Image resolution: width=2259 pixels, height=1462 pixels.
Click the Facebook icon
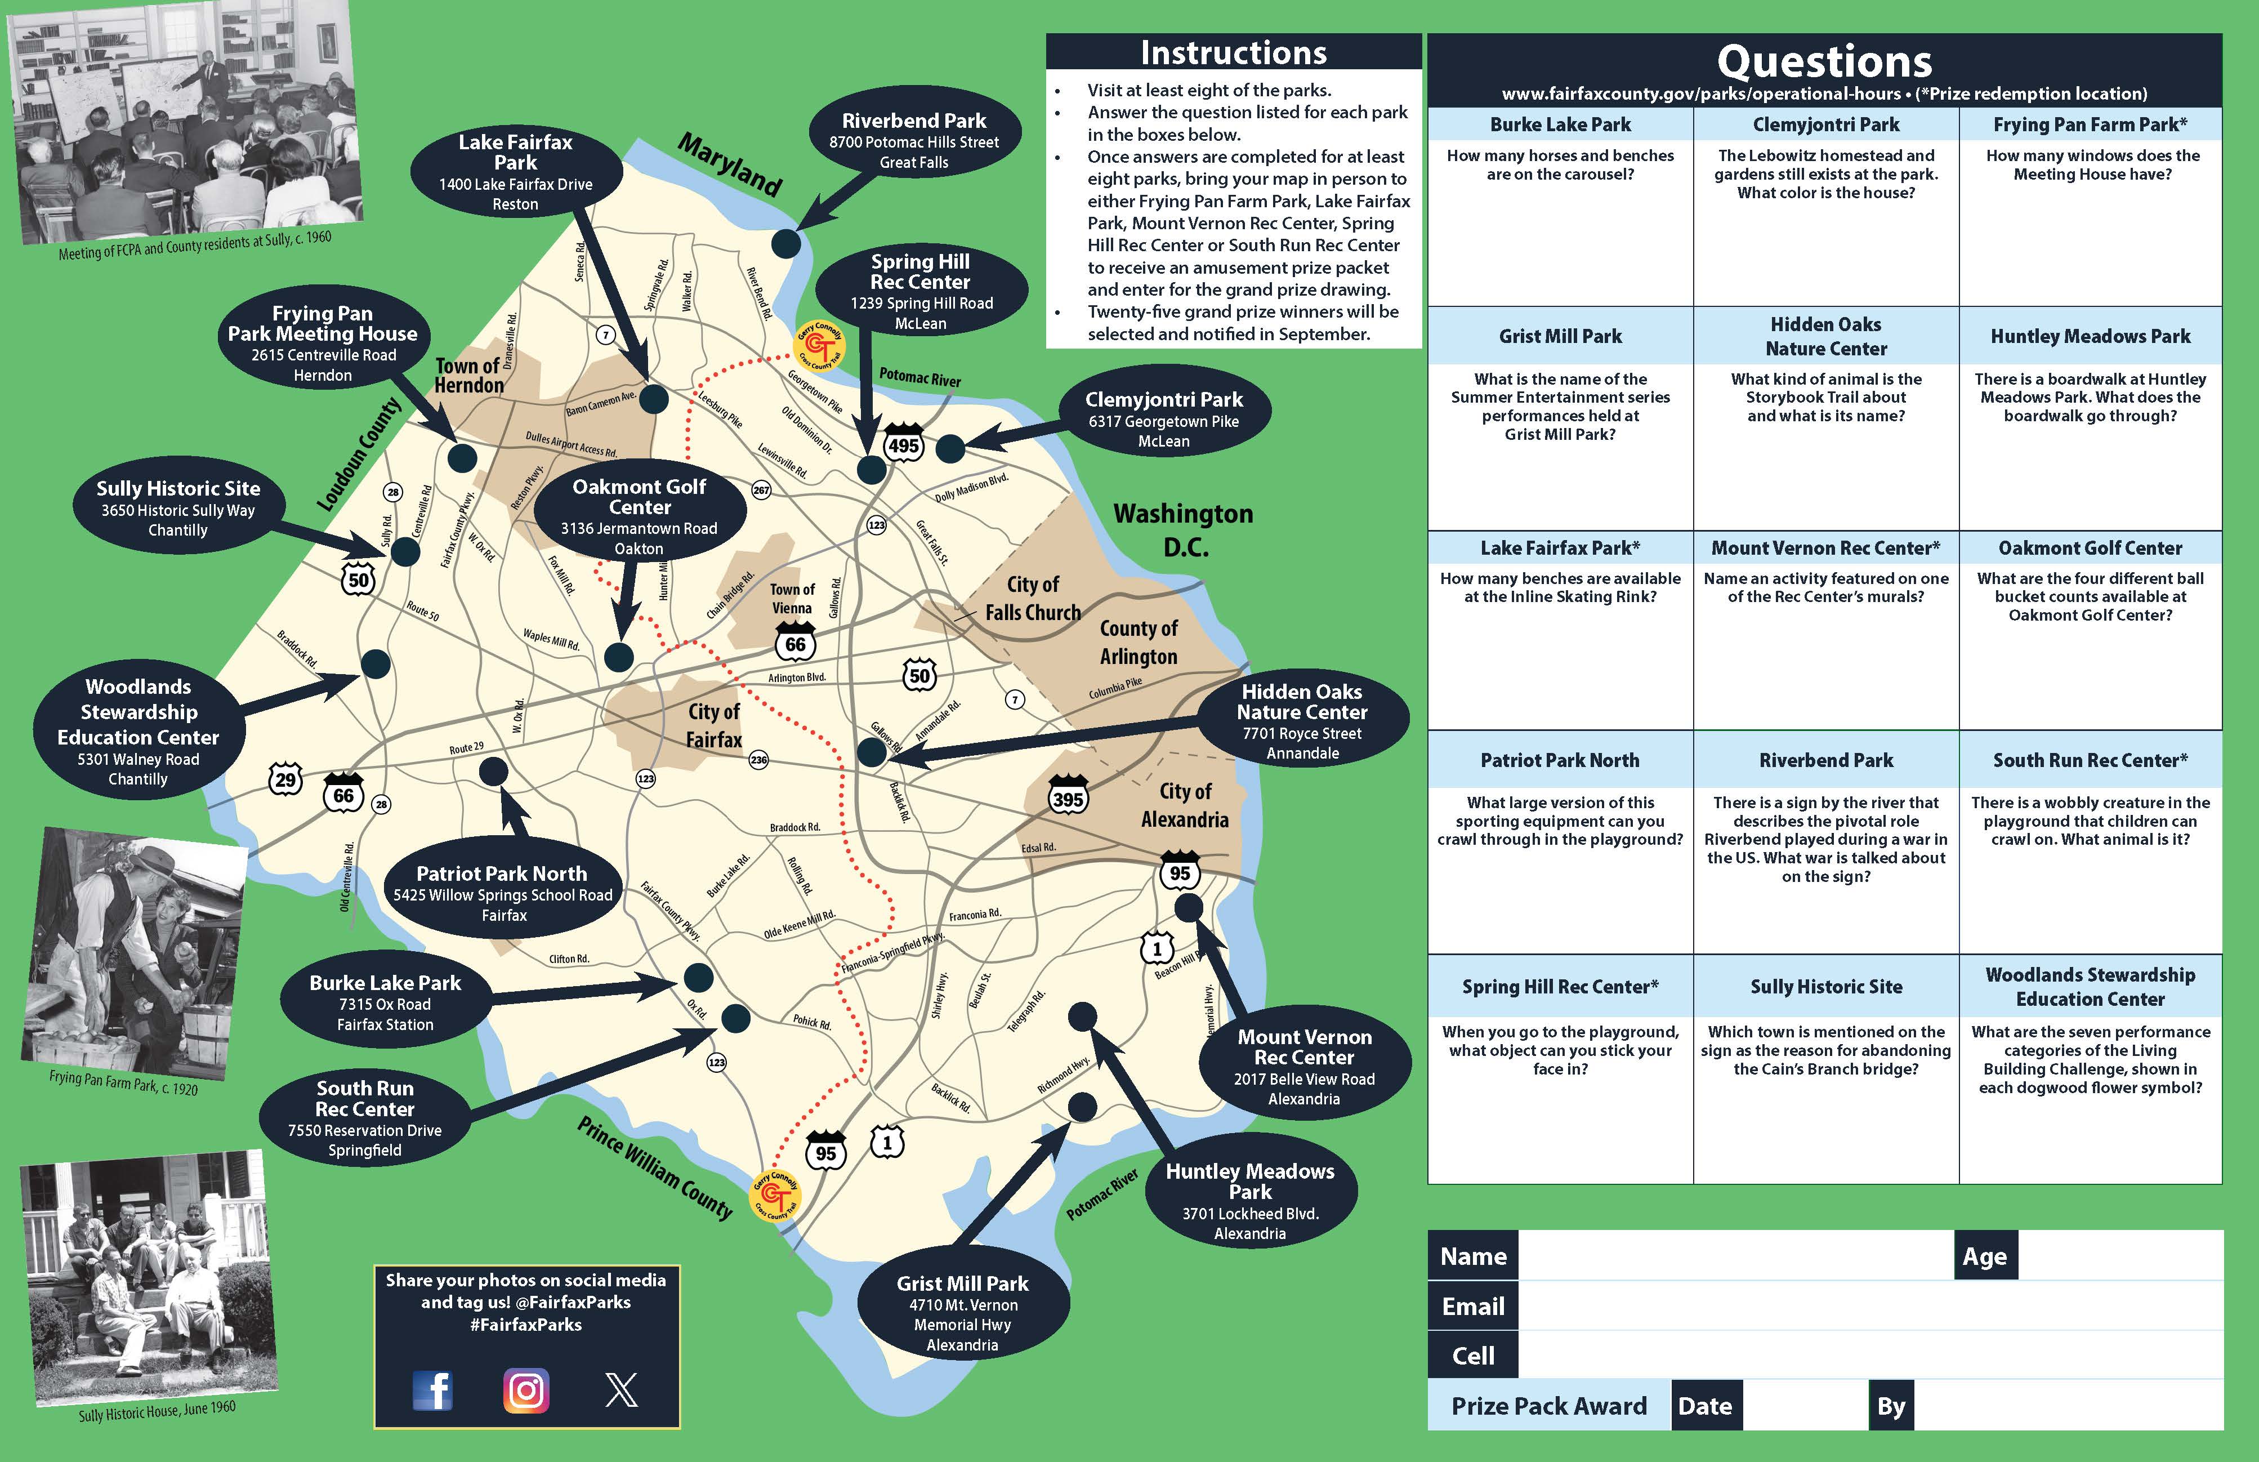pos(433,1391)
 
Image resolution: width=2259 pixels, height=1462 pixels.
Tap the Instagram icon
pos(526,1391)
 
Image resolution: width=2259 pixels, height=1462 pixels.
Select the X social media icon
pos(622,1391)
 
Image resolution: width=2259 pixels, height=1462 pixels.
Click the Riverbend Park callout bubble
pos(914,140)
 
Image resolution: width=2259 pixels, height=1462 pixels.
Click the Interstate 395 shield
pos(1068,797)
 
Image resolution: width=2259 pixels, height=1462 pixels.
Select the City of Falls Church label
pos(1033,598)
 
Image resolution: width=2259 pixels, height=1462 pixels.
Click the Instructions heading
pos(1233,52)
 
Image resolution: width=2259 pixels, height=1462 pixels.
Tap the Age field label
pos(1985,1256)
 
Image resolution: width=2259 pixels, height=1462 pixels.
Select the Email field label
pos(1472,1307)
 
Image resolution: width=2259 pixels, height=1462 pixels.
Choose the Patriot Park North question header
pos(1560,760)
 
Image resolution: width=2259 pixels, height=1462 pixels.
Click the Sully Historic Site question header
pos(1825,986)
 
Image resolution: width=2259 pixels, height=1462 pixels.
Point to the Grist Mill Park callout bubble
pos(962,1313)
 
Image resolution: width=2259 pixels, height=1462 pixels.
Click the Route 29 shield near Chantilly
pos(285,779)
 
